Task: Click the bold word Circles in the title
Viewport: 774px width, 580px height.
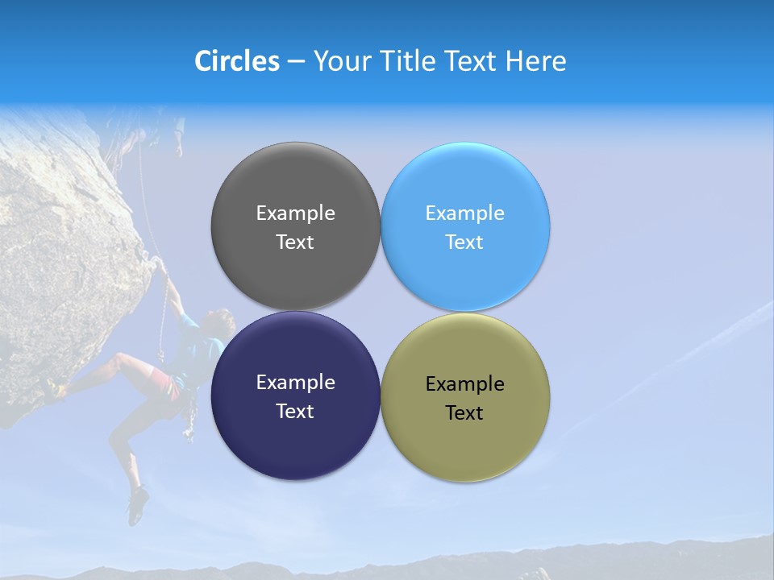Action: click(x=237, y=61)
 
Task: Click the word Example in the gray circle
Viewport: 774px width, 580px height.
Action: click(x=295, y=213)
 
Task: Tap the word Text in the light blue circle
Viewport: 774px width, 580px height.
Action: click(x=464, y=242)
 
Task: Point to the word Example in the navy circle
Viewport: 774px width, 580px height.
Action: click(x=295, y=383)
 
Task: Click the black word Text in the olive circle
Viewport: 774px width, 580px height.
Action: click(x=464, y=413)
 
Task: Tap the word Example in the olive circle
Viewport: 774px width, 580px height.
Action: click(x=465, y=384)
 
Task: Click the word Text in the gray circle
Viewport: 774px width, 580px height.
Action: click(x=295, y=242)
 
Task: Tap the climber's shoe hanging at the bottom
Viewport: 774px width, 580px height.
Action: click(x=138, y=505)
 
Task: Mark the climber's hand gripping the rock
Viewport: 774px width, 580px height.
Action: click(x=160, y=263)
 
